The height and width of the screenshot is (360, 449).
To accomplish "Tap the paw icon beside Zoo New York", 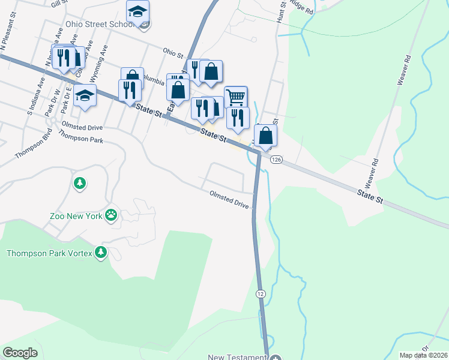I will (111, 215).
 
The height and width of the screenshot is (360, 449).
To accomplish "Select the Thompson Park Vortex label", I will (49, 253).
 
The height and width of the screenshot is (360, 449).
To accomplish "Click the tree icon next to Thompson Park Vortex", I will (101, 253).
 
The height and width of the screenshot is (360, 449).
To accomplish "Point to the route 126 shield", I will (276, 159).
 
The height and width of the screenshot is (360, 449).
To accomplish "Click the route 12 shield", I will (260, 293).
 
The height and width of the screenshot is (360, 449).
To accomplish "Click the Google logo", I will (20, 353).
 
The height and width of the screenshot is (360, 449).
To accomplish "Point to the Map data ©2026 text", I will (423, 355).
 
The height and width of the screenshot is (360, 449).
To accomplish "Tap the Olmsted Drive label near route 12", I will (229, 200).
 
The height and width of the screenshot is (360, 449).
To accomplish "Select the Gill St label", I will (59, 4).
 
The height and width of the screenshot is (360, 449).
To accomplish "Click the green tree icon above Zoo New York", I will (79, 182).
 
